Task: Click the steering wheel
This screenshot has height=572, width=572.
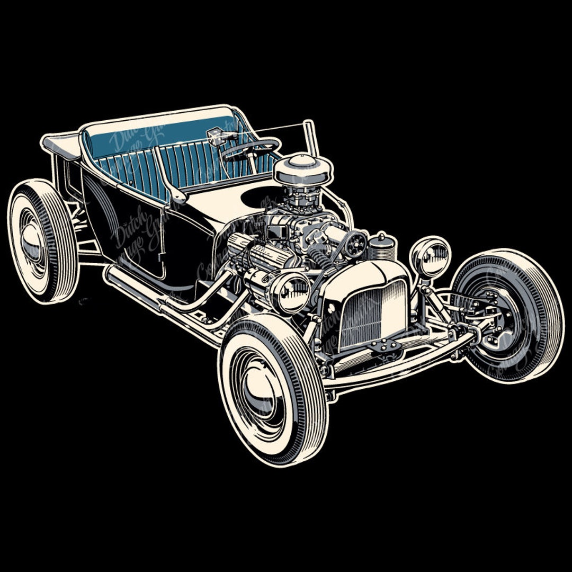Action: pos(251,148)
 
